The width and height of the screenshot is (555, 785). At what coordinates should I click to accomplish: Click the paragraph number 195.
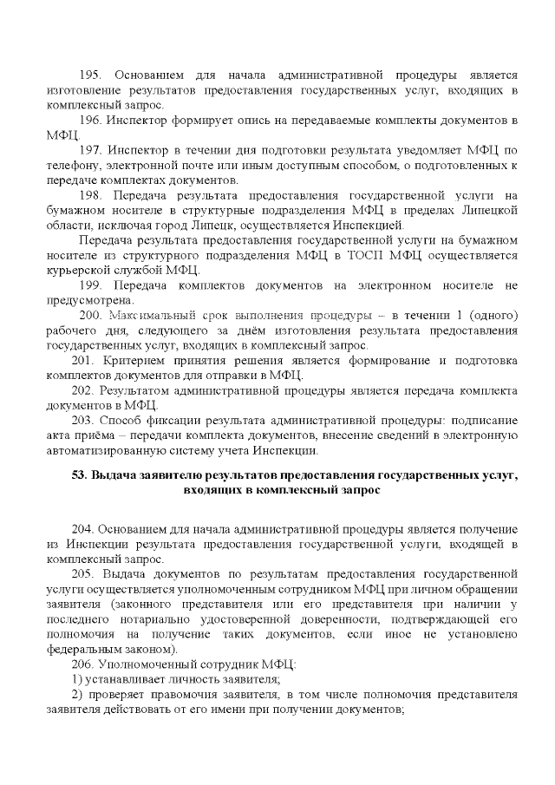click(x=91, y=76)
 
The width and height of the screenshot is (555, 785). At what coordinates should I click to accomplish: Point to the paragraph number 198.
click(x=91, y=195)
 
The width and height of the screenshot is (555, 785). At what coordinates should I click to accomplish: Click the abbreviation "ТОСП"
click(x=388, y=256)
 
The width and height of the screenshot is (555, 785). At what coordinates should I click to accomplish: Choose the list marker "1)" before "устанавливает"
click(x=77, y=679)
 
